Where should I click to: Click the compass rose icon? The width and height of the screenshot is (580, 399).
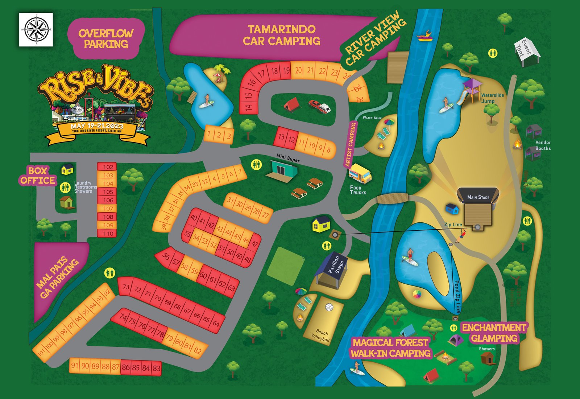coord(36,29)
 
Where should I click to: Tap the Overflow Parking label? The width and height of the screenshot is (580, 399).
coord(106,38)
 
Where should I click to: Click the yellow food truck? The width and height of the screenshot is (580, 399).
coord(360,174)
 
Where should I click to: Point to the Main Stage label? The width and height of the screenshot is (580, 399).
coord(478,197)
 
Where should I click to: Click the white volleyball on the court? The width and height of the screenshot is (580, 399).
coord(329,307)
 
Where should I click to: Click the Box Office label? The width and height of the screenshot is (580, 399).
coord(38,176)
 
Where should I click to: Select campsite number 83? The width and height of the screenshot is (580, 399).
coord(156,368)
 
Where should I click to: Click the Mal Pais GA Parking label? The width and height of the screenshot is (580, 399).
coord(58,277)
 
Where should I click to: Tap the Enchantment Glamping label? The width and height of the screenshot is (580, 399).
coord(494,333)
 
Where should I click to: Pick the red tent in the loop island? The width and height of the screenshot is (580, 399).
coord(291,105)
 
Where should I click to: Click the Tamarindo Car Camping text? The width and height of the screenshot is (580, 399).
coord(281,35)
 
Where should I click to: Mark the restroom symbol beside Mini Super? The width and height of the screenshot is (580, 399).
coord(256,164)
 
